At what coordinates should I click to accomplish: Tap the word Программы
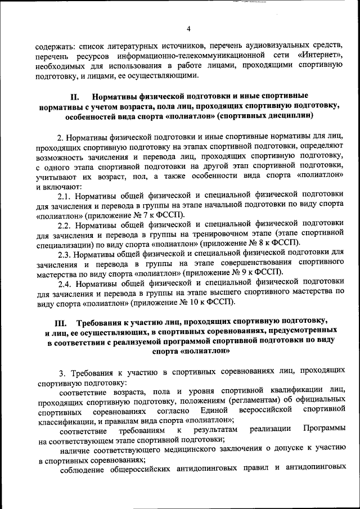323,430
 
